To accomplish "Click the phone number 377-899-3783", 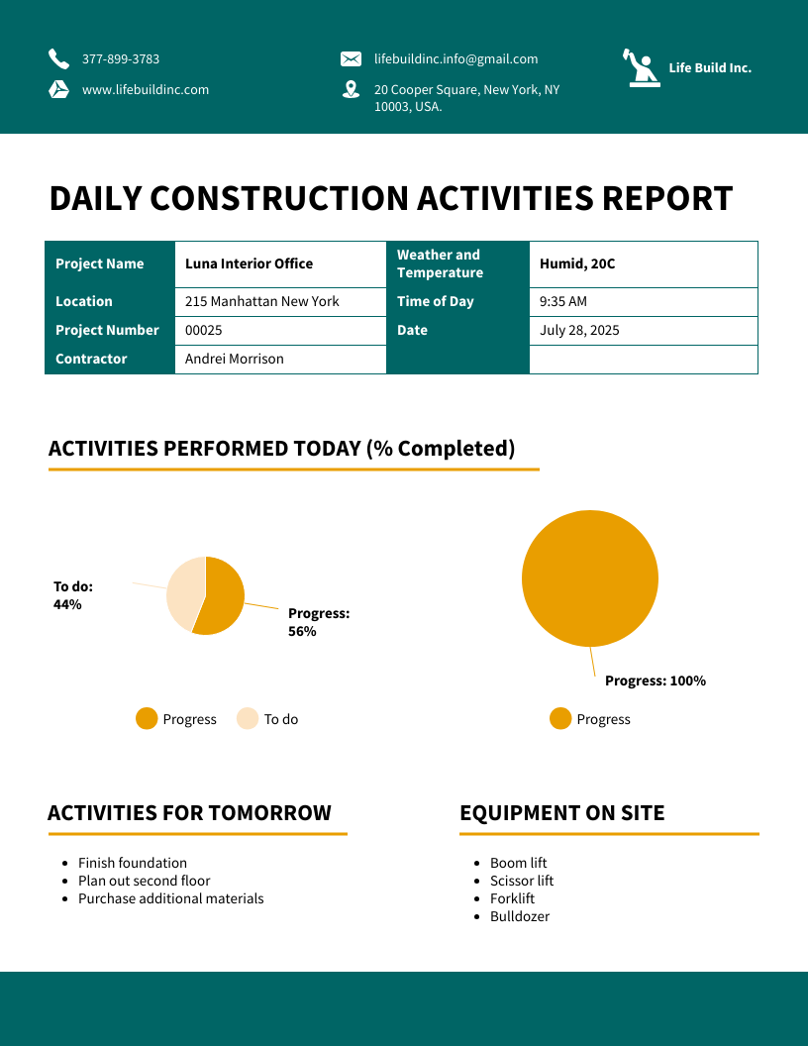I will coord(120,59).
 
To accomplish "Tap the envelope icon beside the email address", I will coord(351,59).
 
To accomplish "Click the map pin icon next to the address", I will coord(351,89).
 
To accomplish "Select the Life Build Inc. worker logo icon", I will coord(642,68).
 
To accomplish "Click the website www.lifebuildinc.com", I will coord(145,90).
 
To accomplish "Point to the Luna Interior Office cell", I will coord(249,264).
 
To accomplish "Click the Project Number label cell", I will coord(107,331).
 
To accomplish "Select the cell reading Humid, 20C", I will coord(577,264).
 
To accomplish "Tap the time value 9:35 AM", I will coord(562,302).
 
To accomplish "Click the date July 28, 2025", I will coord(579,331).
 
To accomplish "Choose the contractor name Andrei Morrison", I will coord(234,360).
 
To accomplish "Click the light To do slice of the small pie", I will coord(183,592).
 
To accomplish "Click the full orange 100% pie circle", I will coord(590,578).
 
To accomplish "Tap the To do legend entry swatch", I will coord(248,719).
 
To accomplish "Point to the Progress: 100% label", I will coord(655,681).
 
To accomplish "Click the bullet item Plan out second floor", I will coord(144,882).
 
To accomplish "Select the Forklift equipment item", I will coord(512,899).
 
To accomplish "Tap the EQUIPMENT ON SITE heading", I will coord(561,813).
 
